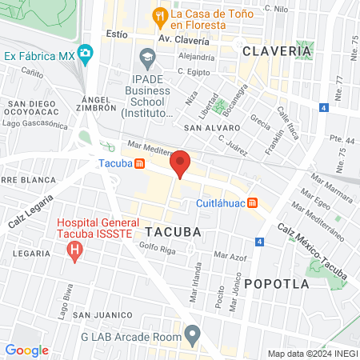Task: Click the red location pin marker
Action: (181, 162)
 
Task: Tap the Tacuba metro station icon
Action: (140, 164)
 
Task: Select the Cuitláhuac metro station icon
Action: (252, 202)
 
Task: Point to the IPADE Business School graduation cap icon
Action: (148, 58)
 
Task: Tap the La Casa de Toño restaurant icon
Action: (160, 15)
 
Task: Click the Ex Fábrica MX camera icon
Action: (86, 55)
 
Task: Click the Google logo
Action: (26, 350)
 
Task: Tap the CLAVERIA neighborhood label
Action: (276, 50)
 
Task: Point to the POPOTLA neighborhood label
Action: (276, 283)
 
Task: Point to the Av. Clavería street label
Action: (183, 38)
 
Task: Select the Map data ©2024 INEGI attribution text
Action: (312, 353)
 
